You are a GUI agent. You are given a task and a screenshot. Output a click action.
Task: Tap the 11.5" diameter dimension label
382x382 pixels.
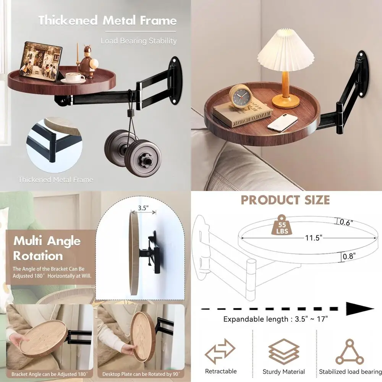coord(314,238)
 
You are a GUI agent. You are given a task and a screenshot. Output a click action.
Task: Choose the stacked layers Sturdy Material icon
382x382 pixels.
coord(283,351)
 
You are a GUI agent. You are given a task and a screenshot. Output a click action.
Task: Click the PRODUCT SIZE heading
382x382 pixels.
coord(285,200)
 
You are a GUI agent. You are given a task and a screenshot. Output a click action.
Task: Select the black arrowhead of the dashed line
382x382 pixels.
coord(359,308)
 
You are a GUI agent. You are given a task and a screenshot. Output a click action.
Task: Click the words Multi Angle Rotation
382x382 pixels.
coord(47,248)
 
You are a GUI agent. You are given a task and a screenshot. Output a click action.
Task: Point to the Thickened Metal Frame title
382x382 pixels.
coord(107,21)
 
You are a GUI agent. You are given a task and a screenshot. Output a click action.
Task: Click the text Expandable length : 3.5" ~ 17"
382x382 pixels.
coord(275,319)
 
